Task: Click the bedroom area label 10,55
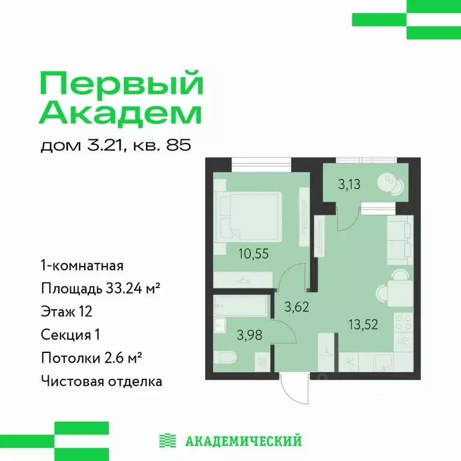(x=252, y=253)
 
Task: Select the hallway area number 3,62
(x=295, y=309)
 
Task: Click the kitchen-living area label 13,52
(x=362, y=325)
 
